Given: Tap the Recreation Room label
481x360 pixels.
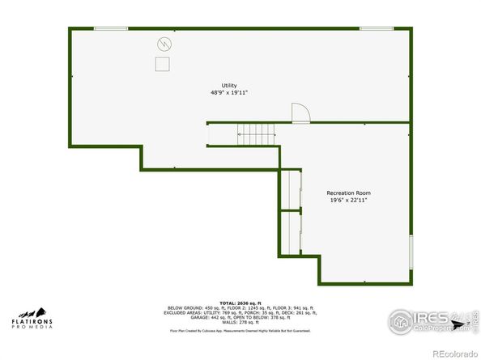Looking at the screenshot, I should pos(348,193).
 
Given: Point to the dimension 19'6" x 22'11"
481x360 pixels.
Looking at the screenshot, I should pos(348,201).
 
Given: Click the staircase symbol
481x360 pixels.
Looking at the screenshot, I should pos(257,134).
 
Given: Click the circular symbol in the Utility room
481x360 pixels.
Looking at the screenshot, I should pos(164,44).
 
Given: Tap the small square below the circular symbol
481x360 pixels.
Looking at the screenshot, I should pos(163,64).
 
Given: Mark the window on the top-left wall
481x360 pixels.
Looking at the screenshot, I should pos(110,29).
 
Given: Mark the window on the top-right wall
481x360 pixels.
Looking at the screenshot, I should pos(376,29).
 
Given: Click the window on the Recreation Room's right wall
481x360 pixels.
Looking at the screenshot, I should pos(411,250).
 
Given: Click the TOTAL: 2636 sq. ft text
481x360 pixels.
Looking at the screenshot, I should pos(240,303).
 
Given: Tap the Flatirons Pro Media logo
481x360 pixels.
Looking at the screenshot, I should pos(32,317).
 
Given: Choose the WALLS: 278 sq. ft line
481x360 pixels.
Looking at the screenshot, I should pos(240,323).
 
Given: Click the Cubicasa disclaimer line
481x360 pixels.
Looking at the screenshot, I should pos(240,331).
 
